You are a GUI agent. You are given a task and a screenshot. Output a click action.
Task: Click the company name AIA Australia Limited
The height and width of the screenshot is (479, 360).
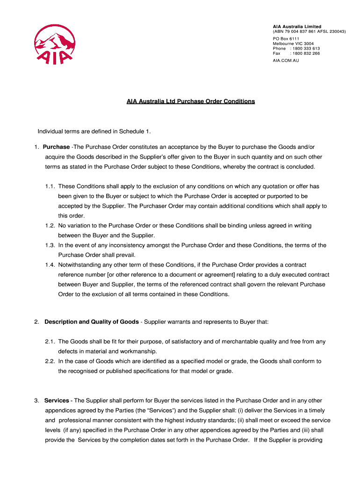(x=297, y=26)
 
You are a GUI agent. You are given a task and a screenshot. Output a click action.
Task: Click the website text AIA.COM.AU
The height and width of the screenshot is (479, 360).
(x=286, y=61)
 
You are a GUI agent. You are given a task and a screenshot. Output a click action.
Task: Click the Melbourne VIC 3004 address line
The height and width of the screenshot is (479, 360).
(x=293, y=44)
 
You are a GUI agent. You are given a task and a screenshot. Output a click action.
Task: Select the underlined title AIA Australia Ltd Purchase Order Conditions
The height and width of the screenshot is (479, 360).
(x=191, y=101)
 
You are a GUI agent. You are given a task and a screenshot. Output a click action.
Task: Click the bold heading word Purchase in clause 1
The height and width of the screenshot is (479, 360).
(x=56, y=147)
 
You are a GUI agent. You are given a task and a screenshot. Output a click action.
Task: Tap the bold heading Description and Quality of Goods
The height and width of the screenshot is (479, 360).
(x=91, y=322)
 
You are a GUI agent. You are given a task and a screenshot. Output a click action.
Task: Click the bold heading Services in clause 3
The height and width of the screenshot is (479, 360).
(x=57, y=400)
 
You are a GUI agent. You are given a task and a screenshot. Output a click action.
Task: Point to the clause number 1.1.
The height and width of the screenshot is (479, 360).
(x=50, y=186)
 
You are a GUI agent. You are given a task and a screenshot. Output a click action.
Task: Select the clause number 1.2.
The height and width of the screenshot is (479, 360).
(x=50, y=225)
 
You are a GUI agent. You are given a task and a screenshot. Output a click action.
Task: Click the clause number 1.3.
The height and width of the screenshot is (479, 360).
(x=50, y=245)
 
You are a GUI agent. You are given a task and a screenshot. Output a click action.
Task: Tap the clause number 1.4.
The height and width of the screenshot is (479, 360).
(x=50, y=265)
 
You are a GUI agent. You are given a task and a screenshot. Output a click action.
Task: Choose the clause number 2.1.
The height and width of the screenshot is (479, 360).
(x=50, y=341)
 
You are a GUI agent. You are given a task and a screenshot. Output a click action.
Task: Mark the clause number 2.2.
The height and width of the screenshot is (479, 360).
(x=50, y=361)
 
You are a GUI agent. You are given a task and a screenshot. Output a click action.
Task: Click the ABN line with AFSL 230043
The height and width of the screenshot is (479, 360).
(x=309, y=31)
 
